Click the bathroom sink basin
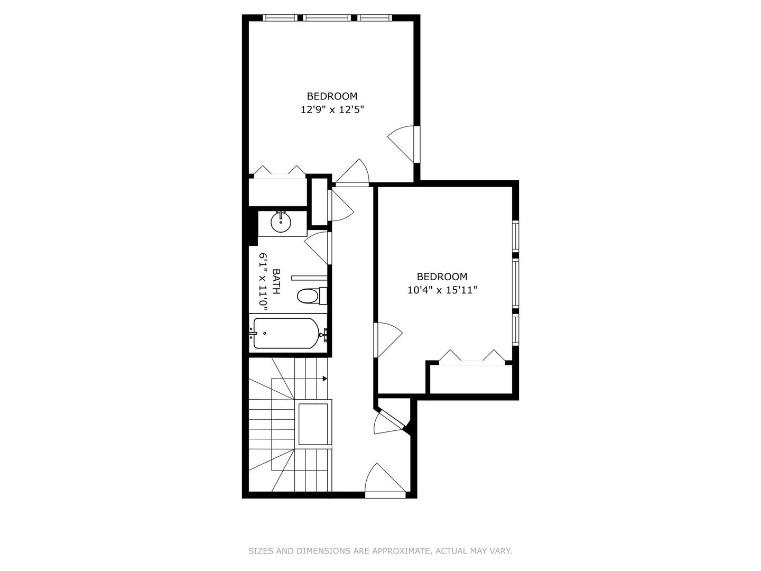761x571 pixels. (281, 222)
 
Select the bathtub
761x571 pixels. (286, 334)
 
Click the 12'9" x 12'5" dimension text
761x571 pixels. (332, 110)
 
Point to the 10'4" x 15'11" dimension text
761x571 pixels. (442, 290)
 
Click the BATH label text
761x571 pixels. (276, 282)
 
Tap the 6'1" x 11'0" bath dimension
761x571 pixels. (263, 282)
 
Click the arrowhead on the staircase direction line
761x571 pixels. (324, 379)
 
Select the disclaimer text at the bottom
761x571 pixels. (380, 551)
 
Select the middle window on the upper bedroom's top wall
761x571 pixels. (327, 18)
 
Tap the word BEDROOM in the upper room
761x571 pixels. (332, 96)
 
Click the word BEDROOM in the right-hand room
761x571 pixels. (442, 277)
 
